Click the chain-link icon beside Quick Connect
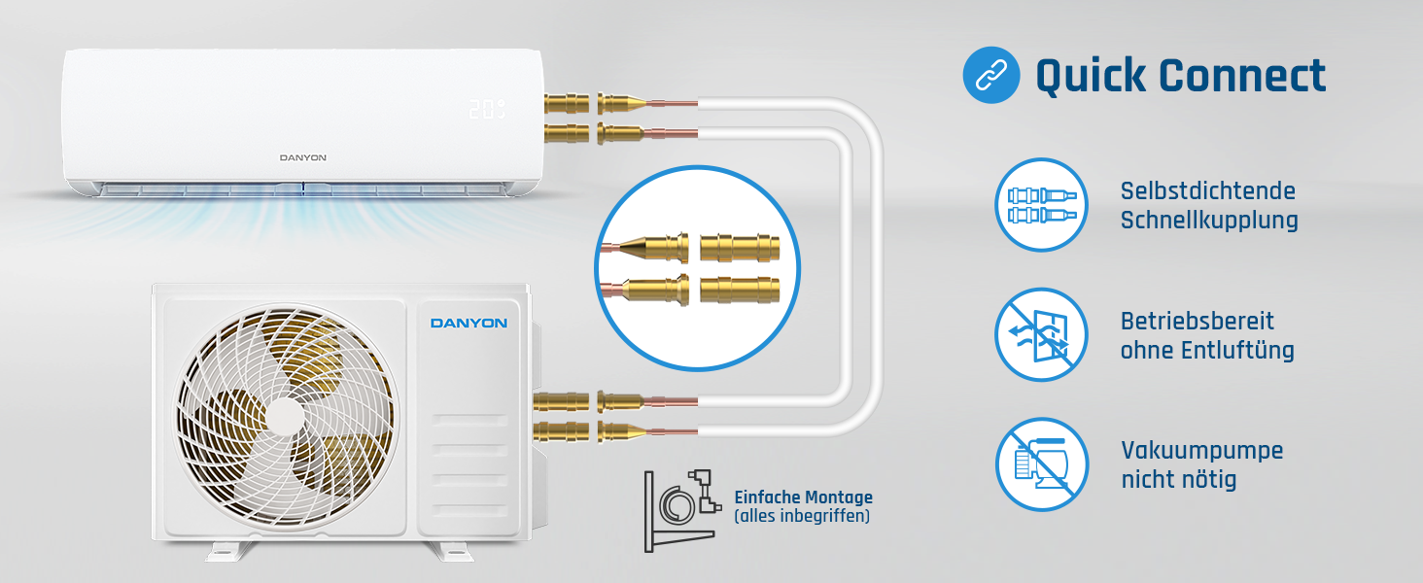991,75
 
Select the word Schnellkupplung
1209,221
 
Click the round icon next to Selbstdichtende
1041,204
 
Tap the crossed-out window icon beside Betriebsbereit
1041,334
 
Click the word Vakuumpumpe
1201,451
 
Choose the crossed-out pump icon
1041,464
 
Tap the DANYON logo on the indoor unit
303,157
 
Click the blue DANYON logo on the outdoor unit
469,323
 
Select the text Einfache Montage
803,497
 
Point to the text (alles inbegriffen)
802,516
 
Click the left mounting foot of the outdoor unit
230,551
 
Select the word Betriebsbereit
1197,322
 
